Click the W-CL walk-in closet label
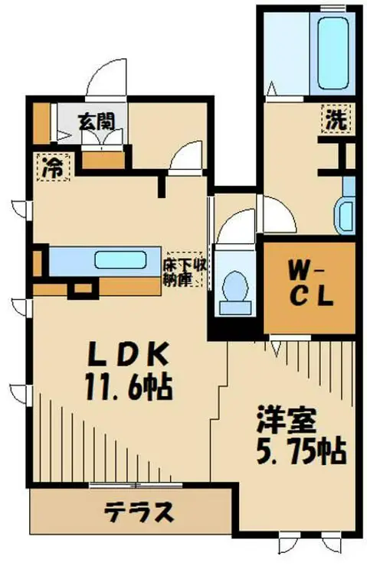(x=310, y=284)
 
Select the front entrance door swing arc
(x=100, y=80)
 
